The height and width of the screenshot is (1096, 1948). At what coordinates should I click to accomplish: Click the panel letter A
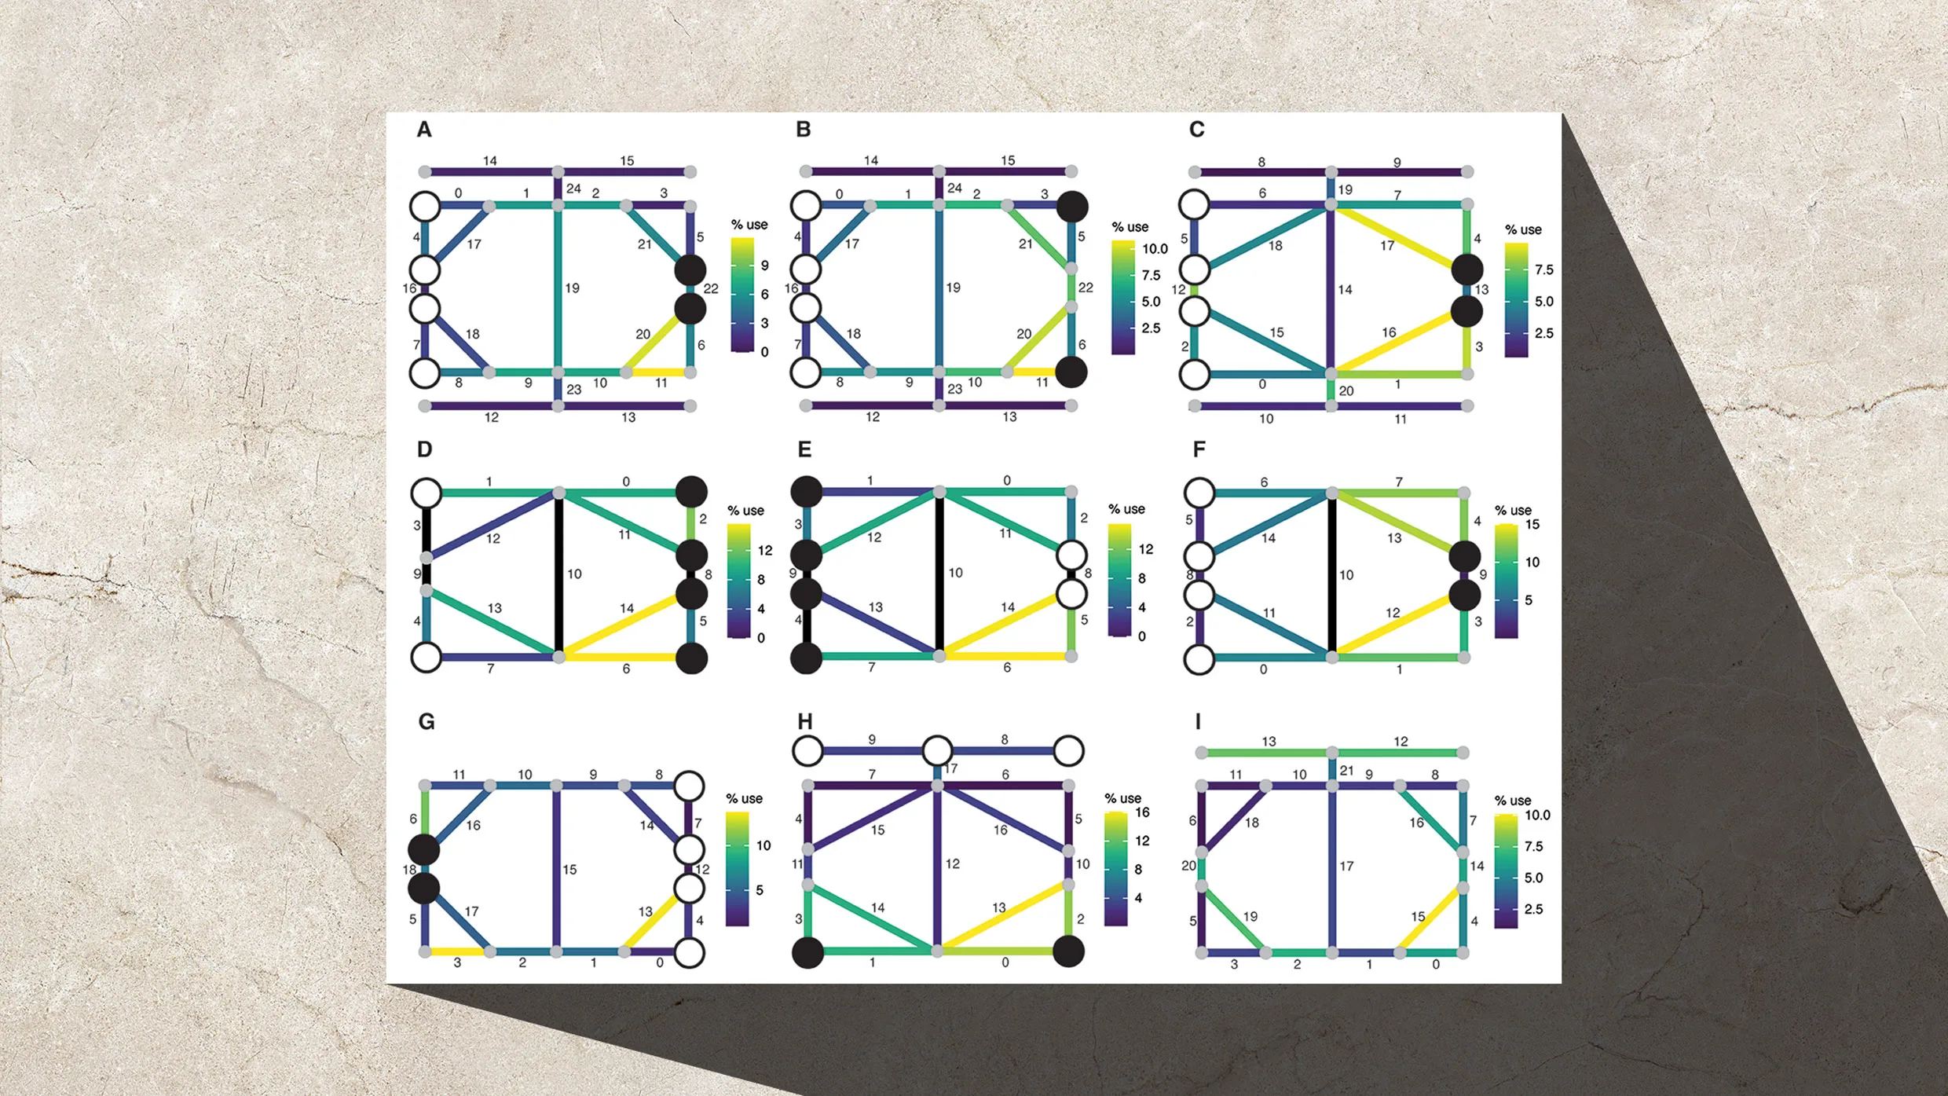[x=424, y=130]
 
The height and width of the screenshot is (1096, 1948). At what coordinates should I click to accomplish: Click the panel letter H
[x=804, y=721]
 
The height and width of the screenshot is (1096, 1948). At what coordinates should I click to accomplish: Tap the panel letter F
[x=1199, y=449]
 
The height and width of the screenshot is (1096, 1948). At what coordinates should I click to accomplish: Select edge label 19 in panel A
[x=572, y=288]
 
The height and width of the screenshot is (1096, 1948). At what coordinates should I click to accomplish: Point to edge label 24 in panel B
[x=954, y=189]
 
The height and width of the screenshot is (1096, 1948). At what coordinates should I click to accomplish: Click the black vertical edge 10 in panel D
[x=558, y=574]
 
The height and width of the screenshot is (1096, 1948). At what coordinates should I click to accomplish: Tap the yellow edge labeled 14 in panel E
[x=1005, y=624]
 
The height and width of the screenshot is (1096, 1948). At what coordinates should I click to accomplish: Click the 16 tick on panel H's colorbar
[x=1142, y=812]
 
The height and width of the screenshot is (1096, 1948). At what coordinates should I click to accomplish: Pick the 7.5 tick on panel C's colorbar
[x=1543, y=269]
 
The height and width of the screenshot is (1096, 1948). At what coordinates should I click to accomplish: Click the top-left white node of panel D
[x=427, y=493]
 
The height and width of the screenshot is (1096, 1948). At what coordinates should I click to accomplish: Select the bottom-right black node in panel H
[x=1068, y=951]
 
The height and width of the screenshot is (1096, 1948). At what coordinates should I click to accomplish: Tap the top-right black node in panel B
[x=1072, y=206]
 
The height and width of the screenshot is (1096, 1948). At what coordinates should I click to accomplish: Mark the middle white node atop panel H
[x=937, y=751]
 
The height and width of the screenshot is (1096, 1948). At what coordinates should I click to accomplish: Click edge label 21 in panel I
[x=1346, y=771]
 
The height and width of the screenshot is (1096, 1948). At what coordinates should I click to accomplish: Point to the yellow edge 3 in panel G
[x=457, y=951]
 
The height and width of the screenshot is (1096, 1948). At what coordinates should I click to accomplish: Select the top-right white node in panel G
[x=689, y=786]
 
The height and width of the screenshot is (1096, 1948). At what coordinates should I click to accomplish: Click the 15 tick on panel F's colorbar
[x=1532, y=525]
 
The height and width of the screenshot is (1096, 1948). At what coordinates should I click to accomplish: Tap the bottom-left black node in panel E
[x=806, y=658]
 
